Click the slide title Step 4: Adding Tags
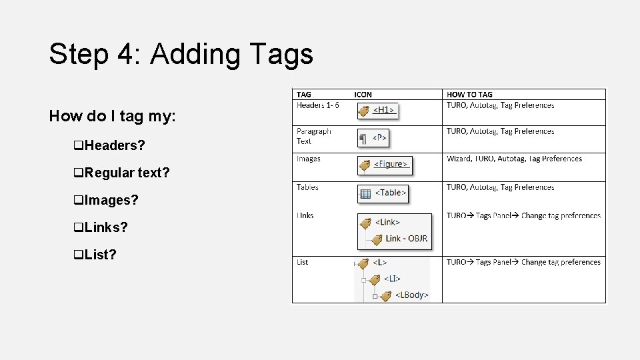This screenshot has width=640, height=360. pyautogui.click(x=181, y=54)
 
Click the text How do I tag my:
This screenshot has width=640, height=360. pyautogui.click(x=112, y=116)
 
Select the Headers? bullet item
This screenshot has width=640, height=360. pyautogui.click(x=110, y=145)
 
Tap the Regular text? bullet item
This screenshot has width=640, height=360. pyautogui.click(x=122, y=173)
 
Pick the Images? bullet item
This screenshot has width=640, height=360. pyautogui.click(x=107, y=200)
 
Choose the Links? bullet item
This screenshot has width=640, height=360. pyautogui.click(x=101, y=227)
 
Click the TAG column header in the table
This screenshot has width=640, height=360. pyautogui.click(x=304, y=95)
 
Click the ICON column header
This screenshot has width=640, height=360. pyautogui.click(x=363, y=95)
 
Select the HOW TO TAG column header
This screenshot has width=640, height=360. pyautogui.click(x=469, y=95)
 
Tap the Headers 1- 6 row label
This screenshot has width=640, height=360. pyautogui.click(x=318, y=105)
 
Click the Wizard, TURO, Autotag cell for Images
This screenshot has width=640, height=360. pyautogui.click(x=514, y=159)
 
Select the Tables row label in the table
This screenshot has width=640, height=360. pyautogui.click(x=307, y=187)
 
